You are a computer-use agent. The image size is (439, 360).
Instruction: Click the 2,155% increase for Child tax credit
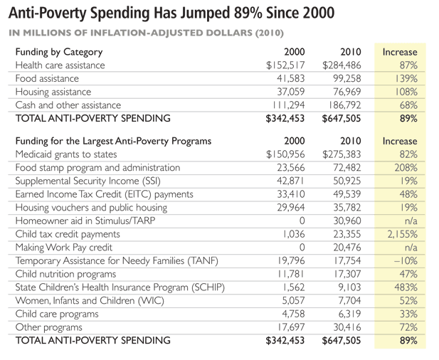[x=400, y=233]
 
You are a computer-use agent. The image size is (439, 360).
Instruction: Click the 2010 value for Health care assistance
[x=342, y=65]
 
